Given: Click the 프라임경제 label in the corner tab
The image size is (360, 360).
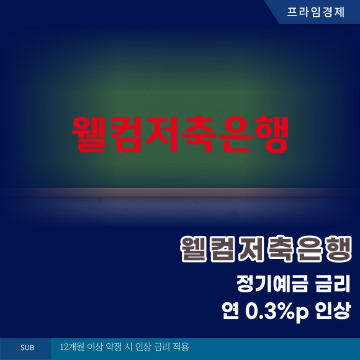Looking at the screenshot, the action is [x=316, y=12].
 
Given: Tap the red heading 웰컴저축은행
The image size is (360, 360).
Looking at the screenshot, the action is [x=180, y=135].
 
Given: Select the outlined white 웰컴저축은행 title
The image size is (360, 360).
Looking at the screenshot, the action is [x=266, y=249].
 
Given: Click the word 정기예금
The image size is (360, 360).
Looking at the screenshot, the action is [x=272, y=284].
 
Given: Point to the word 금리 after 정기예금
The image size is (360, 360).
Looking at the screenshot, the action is [x=333, y=284].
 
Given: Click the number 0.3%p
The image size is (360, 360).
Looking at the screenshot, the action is [x=277, y=311].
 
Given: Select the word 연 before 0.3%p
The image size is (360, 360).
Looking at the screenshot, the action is [x=230, y=310].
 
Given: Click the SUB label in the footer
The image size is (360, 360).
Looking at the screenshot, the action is [x=27, y=348].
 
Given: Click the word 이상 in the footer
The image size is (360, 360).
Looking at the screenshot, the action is [x=94, y=347].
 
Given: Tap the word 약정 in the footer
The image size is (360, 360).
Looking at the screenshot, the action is [x=113, y=347].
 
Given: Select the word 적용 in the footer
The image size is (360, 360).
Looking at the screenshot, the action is [x=181, y=347].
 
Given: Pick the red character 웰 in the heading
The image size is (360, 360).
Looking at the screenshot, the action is [x=89, y=135].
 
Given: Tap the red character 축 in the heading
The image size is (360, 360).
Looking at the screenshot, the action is [x=199, y=135].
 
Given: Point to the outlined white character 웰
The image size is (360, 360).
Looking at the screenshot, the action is [x=194, y=249].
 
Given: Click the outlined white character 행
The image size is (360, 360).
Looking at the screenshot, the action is [x=339, y=249].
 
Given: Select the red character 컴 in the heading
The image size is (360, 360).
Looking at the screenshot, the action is [x=126, y=135].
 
